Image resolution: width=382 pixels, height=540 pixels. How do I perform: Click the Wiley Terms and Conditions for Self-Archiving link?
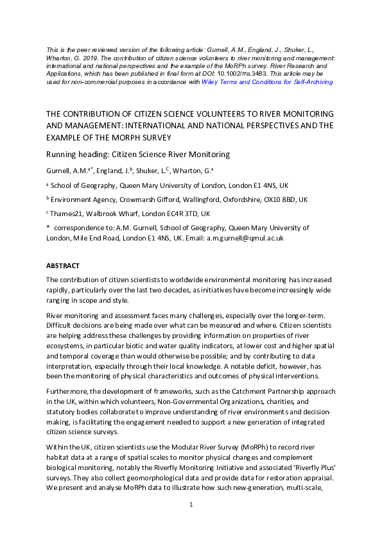point(257,81)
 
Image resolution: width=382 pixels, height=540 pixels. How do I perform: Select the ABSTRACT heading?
point(61,265)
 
